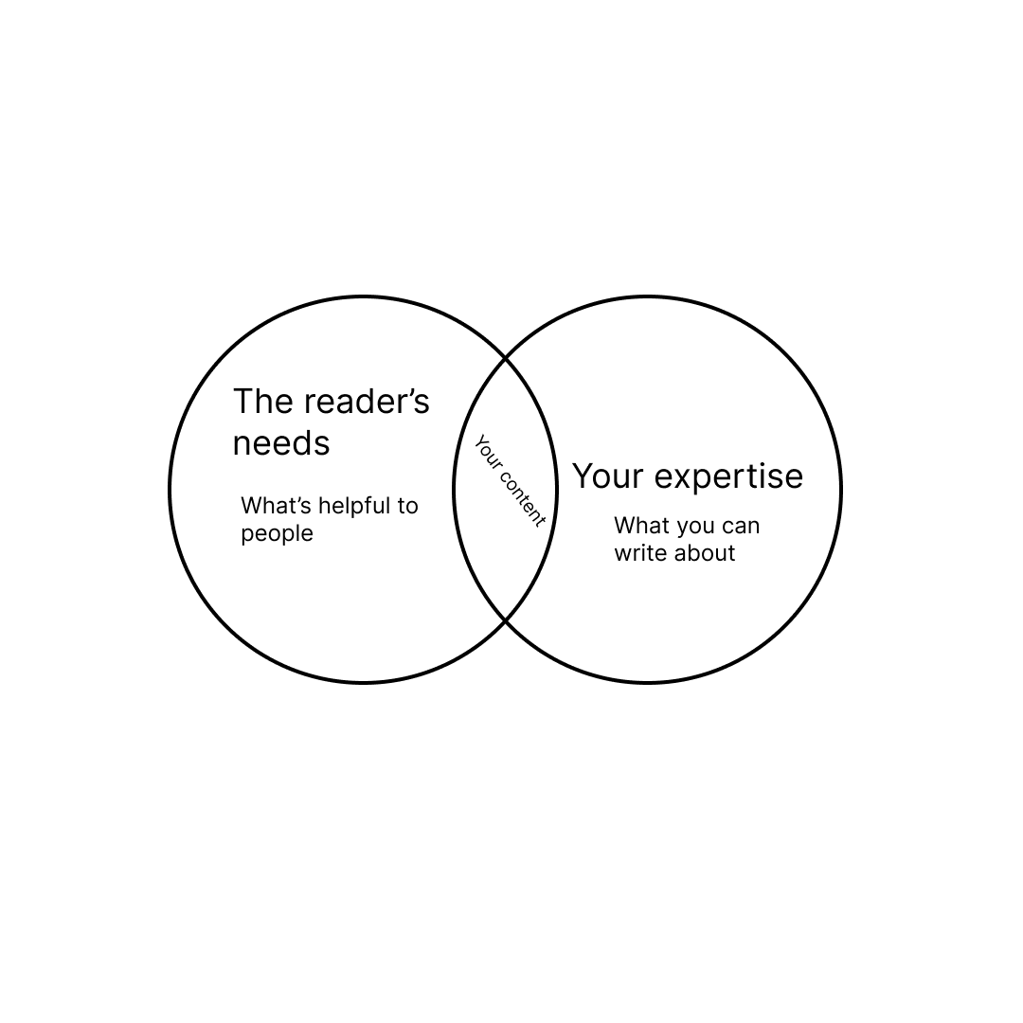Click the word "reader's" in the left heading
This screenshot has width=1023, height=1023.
pos(366,402)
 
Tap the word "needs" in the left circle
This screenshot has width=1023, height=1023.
pos(281,443)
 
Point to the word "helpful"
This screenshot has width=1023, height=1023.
pos(354,506)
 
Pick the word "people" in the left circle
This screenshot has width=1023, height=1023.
pos(277,534)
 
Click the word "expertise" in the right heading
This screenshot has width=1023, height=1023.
pos(729,476)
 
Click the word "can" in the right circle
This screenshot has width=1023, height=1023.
pos(741,526)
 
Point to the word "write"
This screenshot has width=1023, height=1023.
pos(640,553)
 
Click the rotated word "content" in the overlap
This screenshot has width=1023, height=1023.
pos(521,497)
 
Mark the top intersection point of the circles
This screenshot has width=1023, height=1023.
pos(505,359)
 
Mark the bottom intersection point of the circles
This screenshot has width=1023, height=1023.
pos(505,620)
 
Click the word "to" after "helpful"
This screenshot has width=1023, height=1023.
pos(407,506)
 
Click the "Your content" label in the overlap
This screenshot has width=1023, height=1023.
pos(510,481)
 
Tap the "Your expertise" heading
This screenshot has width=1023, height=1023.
pos(687,476)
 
